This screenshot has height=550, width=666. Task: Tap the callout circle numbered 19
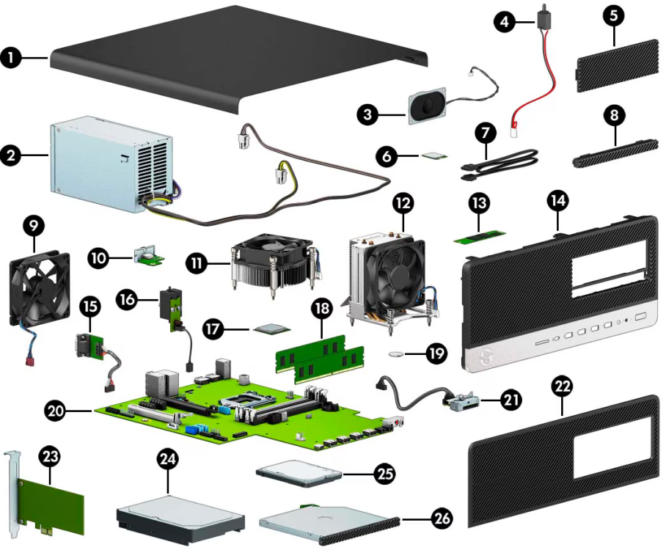pyautogui.click(x=436, y=354)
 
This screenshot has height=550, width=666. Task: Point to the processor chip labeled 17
pyautogui.click(x=271, y=329)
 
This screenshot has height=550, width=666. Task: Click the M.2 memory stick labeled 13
pyautogui.click(x=478, y=235)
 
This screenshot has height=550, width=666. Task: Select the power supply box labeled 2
pyautogui.click(x=110, y=165)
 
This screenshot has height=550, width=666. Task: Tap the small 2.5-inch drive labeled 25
pyautogui.click(x=299, y=473)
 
